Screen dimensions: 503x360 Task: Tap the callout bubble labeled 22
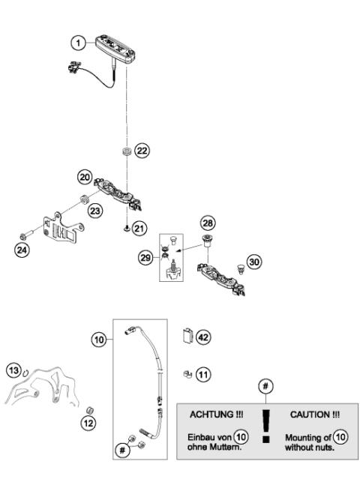coord(142,150)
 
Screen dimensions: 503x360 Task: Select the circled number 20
coord(85,176)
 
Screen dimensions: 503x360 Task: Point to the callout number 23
coord(95,212)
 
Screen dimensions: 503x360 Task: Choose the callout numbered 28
coord(206,224)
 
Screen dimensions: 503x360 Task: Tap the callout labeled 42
coord(204,337)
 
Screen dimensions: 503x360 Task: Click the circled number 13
coord(13,370)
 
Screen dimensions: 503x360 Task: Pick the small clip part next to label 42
coord(187,337)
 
